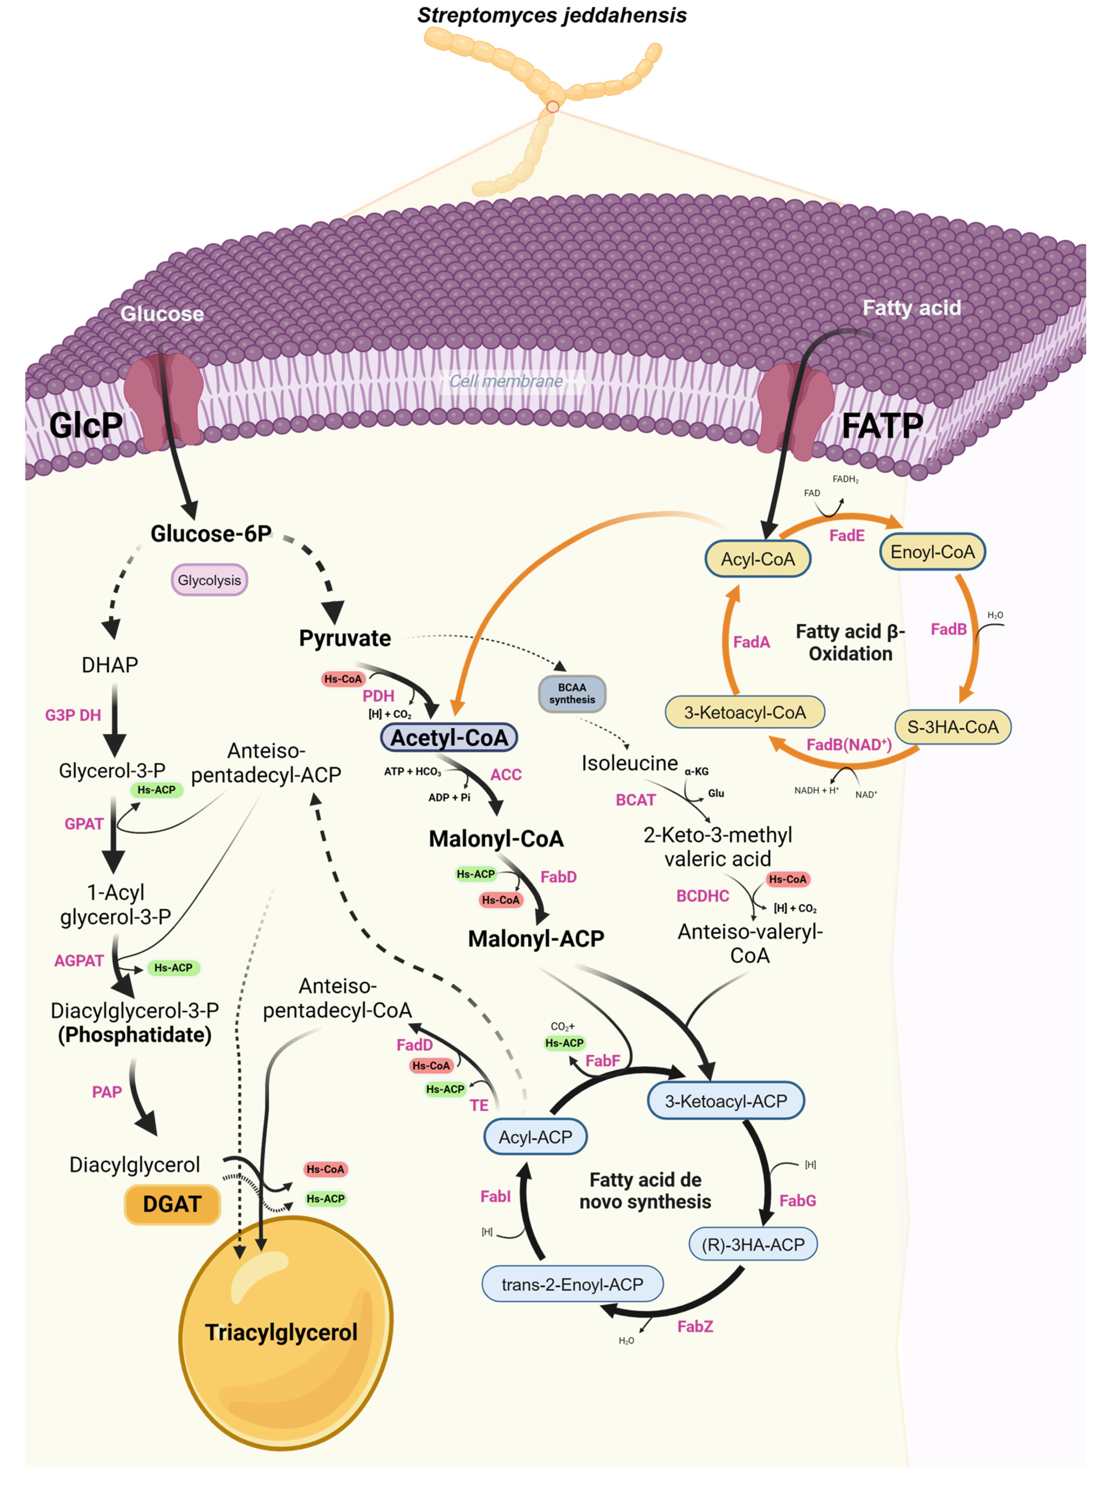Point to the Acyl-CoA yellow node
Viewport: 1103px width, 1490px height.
pos(758,559)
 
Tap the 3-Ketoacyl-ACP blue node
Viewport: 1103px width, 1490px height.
pos(726,1101)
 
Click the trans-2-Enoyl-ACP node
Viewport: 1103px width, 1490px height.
pos(572,1284)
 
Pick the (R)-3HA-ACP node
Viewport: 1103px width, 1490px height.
pos(753,1244)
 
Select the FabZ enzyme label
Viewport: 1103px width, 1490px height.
pos(695,1326)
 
